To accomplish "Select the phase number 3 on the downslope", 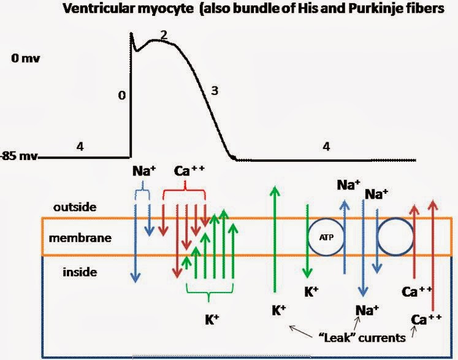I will [x=214, y=91].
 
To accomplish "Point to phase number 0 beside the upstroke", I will [x=122, y=96].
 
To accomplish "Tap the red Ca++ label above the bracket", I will [x=189, y=170].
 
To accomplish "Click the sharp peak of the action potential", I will [x=131, y=34].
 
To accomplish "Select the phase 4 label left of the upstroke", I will [x=80, y=147].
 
